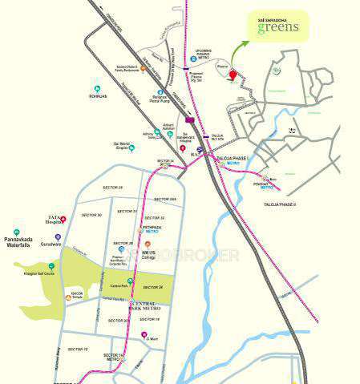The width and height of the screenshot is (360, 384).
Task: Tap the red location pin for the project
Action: [x=233, y=75]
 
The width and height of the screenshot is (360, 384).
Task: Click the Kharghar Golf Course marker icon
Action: [x=51, y=265]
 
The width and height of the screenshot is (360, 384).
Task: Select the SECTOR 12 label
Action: [x=78, y=349]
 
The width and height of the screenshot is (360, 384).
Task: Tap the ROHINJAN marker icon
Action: [x=97, y=87]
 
